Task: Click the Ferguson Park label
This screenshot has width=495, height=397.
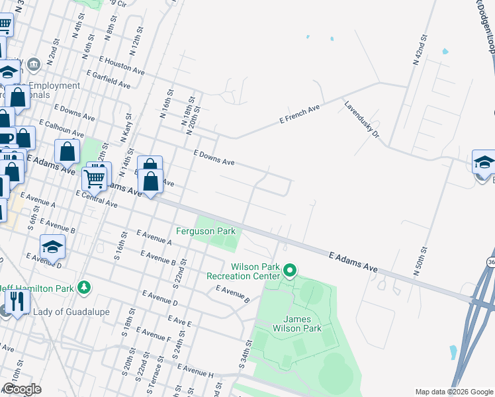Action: [206, 232]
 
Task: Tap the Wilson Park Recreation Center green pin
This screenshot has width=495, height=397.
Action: [290, 270]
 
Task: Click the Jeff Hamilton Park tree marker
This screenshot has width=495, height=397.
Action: [83, 287]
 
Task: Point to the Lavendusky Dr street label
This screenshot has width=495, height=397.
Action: [361, 119]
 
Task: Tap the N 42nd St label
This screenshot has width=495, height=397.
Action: [417, 50]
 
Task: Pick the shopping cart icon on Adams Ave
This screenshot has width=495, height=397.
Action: [94, 177]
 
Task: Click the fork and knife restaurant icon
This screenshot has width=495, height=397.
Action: [17, 301]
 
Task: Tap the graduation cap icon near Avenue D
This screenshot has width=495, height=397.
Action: [52, 247]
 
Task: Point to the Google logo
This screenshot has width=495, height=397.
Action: [22, 388]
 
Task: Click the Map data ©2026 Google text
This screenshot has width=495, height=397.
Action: [453, 392]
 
